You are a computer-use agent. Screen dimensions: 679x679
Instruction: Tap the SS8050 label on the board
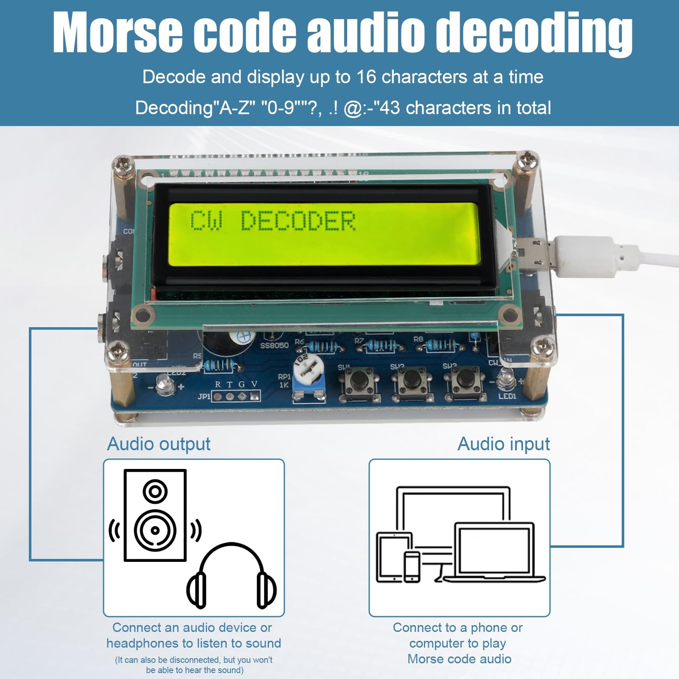[x=274, y=345]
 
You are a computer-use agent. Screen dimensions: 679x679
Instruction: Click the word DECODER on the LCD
[x=298, y=221]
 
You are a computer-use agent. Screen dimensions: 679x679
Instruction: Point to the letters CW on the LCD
[x=205, y=221]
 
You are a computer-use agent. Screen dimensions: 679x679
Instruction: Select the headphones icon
[x=231, y=576]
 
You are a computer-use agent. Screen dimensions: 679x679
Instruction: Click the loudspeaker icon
[x=155, y=515]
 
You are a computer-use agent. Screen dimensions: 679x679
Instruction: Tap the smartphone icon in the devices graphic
[x=412, y=567]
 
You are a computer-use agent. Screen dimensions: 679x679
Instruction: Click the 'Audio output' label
[x=159, y=444]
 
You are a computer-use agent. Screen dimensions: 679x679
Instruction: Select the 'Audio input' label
[x=503, y=444]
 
